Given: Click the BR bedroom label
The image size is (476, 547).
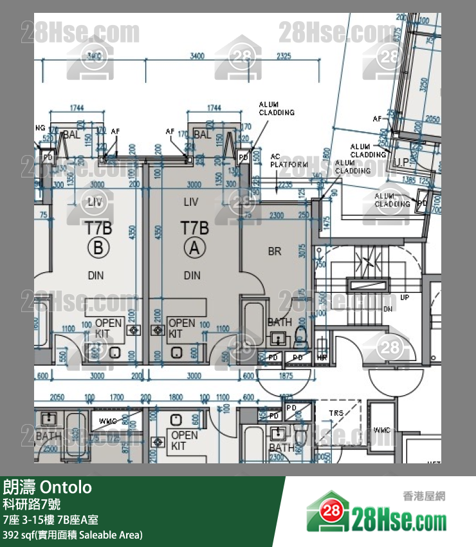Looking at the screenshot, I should [x=275, y=252].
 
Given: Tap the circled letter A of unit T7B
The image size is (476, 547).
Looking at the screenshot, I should [x=192, y=247].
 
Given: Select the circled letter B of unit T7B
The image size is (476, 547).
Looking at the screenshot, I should [x=98, y=247].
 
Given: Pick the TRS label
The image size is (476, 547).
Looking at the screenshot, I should [x=336, y=413].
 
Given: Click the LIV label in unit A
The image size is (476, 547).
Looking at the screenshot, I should [x=191, y=202].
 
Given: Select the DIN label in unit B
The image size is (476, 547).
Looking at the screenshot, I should [x=96, y=275].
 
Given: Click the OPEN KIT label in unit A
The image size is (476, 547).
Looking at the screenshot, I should [x=181, y=328].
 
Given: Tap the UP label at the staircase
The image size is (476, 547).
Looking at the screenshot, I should [x=405, y=298].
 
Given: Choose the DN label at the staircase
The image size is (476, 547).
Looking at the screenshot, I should [x=388, y=309].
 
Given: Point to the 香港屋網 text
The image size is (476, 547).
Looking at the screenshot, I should [x=424, y=496].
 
